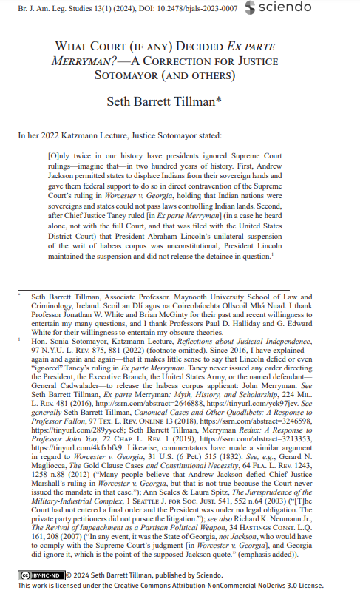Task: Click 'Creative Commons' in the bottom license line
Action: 149,584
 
